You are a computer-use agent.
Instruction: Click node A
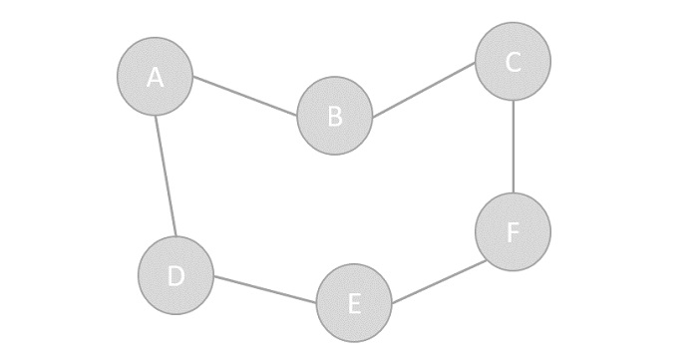click(155, 76)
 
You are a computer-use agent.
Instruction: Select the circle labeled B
click(335, 117)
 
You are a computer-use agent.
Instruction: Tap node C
click(513, 62)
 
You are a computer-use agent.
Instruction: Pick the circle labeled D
click(175, 275)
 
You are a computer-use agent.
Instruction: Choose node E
click(354, 303)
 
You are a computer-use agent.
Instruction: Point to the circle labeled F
click(513, 231)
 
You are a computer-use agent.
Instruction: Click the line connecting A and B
click(245, 96)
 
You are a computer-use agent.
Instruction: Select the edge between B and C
click(424, 89)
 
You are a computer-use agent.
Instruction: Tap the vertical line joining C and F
click(513, 147)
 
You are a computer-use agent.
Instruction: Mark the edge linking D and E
click(265, 289)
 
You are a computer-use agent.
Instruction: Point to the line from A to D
click(166, 176)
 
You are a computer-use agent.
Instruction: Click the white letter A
click(155, 77)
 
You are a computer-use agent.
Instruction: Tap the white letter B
click(335, 117)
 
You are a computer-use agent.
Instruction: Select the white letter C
click(513, 62)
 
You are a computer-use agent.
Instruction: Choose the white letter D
click(175, 276)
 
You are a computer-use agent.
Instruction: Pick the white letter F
click(513, 232)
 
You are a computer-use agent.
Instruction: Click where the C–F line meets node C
click(513, 100)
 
